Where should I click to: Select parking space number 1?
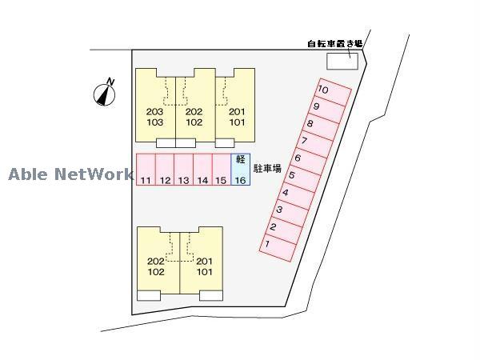(x=278, y=247)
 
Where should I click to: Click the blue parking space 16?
(x=240, y=170)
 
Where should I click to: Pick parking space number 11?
(x=146, y=170)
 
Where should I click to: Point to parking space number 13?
(x=184, y=170)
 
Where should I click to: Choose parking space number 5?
(x=302, y=178)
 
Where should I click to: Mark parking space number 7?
(x=315, y=144)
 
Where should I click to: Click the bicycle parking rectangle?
(x=342, y=62)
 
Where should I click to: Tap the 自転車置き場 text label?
(x=335, y=44)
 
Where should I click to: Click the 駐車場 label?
(x=267, y=168)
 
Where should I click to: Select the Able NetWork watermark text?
(x=71, y=174)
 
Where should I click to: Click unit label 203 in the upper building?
(x=154, y=112)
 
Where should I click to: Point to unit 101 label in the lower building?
(x=205, y=271)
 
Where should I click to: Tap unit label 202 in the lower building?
(x=156, y=261)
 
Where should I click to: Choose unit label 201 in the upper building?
(x=237, y=112)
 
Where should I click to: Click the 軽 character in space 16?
(x=241, y=159)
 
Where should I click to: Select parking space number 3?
(x=290, y=213)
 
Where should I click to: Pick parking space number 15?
(x=222, y=170)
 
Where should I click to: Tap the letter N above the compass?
(x=110, y=82)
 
